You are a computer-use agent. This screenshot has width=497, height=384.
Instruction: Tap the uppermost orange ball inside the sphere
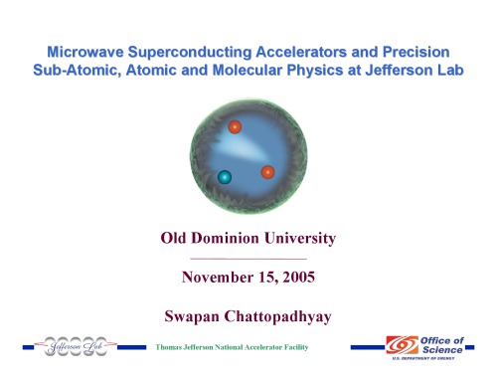[236, 126]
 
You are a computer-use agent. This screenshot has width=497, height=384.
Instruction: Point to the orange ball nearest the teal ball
[267, 172]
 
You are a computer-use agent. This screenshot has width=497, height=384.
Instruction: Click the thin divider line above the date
[248, 257]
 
